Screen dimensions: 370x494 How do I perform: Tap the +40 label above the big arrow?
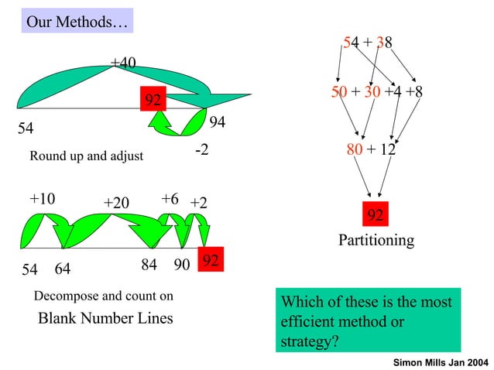123,62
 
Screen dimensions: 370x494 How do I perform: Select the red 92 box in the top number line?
153,100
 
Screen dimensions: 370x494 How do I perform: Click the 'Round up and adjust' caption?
86,156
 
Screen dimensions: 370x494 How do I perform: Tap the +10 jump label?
42,199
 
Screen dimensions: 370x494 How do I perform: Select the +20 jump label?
116,203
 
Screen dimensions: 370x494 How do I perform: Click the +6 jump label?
170,199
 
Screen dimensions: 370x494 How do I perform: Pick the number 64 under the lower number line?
63,270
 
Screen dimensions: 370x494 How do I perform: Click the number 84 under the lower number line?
149,265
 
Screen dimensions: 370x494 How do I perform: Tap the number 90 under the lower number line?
182,265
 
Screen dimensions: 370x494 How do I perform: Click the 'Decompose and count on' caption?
104,296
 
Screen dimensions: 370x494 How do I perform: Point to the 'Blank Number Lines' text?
106,318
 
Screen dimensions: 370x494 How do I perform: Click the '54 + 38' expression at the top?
368,43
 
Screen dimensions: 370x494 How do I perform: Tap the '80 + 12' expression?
371,148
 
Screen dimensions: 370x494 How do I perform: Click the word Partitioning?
376,241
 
